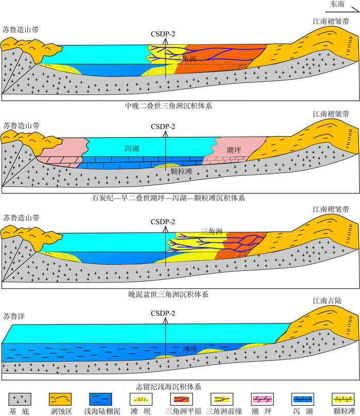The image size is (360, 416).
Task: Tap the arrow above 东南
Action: click(340, 7)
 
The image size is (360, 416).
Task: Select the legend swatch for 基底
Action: click(21, 399)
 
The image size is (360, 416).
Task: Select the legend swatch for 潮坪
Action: click(263, 399)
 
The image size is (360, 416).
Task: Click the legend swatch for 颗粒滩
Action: click(343, 399)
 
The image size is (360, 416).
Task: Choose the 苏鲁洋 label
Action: click(14, 315)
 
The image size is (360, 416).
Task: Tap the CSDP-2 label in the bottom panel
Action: click(164, 313)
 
